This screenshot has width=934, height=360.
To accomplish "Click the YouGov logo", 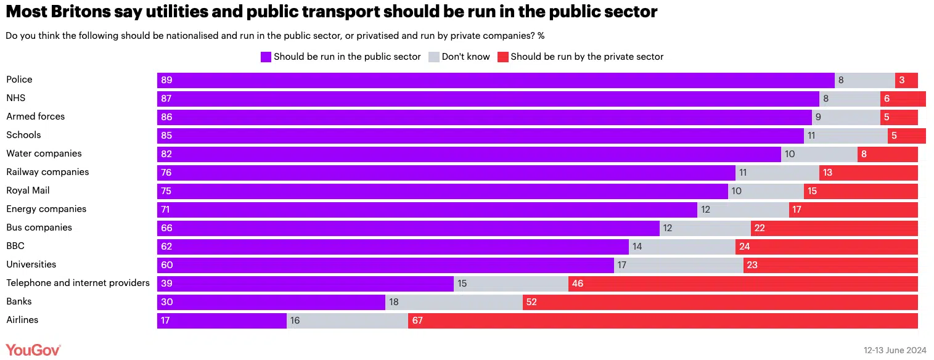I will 33,350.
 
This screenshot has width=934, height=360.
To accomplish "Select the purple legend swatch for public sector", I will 266,57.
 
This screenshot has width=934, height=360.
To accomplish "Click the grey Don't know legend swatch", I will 434,57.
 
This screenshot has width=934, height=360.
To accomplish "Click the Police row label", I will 19,80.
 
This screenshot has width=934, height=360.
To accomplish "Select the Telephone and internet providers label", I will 78,283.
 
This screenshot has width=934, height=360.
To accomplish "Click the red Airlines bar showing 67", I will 663,321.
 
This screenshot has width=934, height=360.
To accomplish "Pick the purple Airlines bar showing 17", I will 222,321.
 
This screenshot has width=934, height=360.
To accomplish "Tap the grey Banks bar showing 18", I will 454,303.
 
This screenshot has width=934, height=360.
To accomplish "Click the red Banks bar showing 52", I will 720,303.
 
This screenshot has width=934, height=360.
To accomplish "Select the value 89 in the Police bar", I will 166,80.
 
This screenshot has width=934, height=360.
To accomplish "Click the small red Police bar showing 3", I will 906,80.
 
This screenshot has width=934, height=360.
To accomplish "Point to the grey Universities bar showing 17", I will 678,266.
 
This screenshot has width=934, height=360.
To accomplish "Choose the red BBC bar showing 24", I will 826,247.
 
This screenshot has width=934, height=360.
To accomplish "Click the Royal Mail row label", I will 28,190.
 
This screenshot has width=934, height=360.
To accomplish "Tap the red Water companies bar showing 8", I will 887,154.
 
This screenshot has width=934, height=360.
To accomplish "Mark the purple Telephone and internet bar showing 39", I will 305,284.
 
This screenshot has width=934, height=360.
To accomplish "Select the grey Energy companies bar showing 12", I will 743,210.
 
